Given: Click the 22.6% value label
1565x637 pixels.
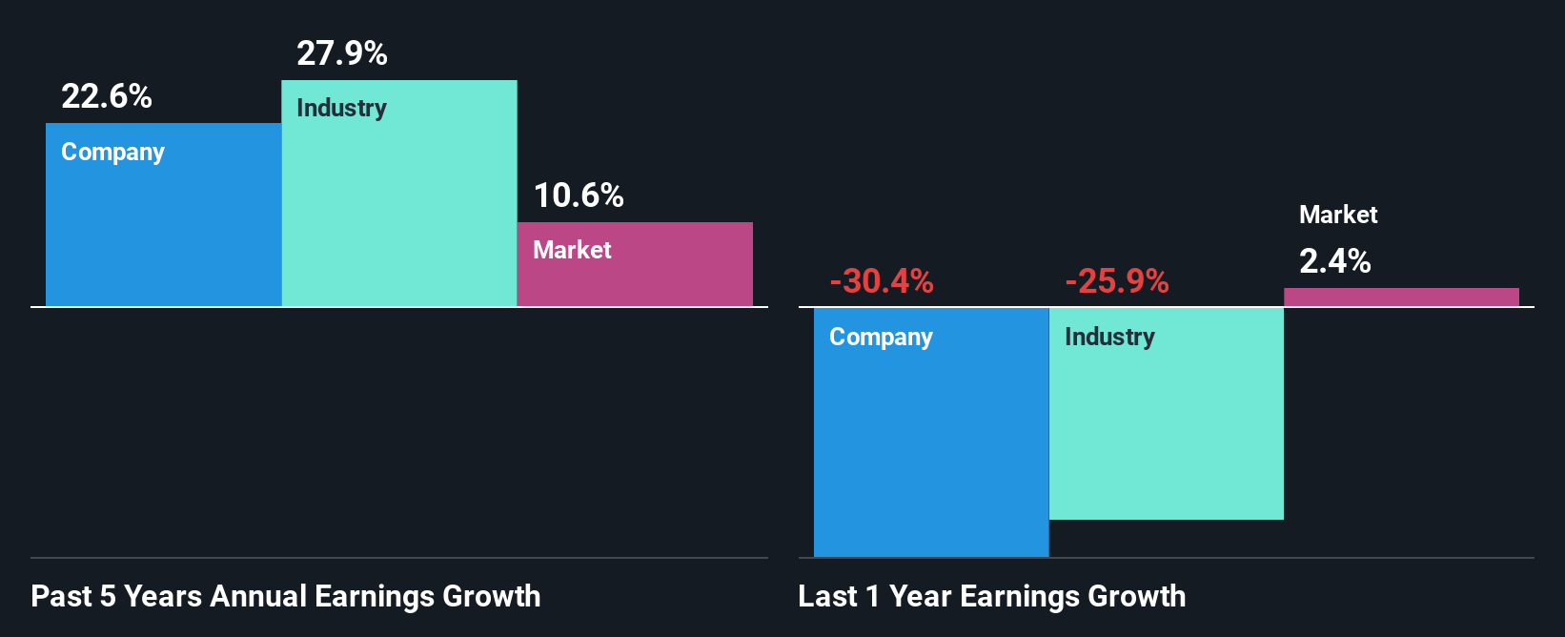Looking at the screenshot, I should tap(107, 96).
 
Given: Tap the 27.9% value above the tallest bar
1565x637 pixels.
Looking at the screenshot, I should tap(342, 53).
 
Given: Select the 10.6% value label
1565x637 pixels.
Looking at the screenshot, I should tap(579, 195).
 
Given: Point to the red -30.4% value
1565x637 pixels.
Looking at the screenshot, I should tap(882, 281).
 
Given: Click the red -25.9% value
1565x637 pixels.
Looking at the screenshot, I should tap(1117, 281).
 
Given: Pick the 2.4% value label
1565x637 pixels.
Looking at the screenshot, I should tap(1335, 261).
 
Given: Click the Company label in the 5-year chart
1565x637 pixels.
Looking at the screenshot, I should tap(112, 153).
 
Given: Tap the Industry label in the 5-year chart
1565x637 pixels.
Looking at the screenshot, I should tap(341, 108).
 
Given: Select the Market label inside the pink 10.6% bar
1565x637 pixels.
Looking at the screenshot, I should tap(572, 250).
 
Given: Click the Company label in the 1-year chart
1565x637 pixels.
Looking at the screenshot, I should tap(881, 337).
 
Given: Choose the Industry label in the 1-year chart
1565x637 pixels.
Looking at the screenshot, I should tap(1109, 337).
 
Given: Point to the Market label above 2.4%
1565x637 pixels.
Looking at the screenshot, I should tap(1338, 215).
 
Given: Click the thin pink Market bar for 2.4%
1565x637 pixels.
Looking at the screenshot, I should tap(1401, 297).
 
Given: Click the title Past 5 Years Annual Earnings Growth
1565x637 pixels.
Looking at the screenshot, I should tap(286, 596).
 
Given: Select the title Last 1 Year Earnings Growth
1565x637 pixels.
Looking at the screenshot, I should tap(992, 596).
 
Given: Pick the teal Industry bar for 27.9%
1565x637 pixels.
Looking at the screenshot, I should tap(399, 210).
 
